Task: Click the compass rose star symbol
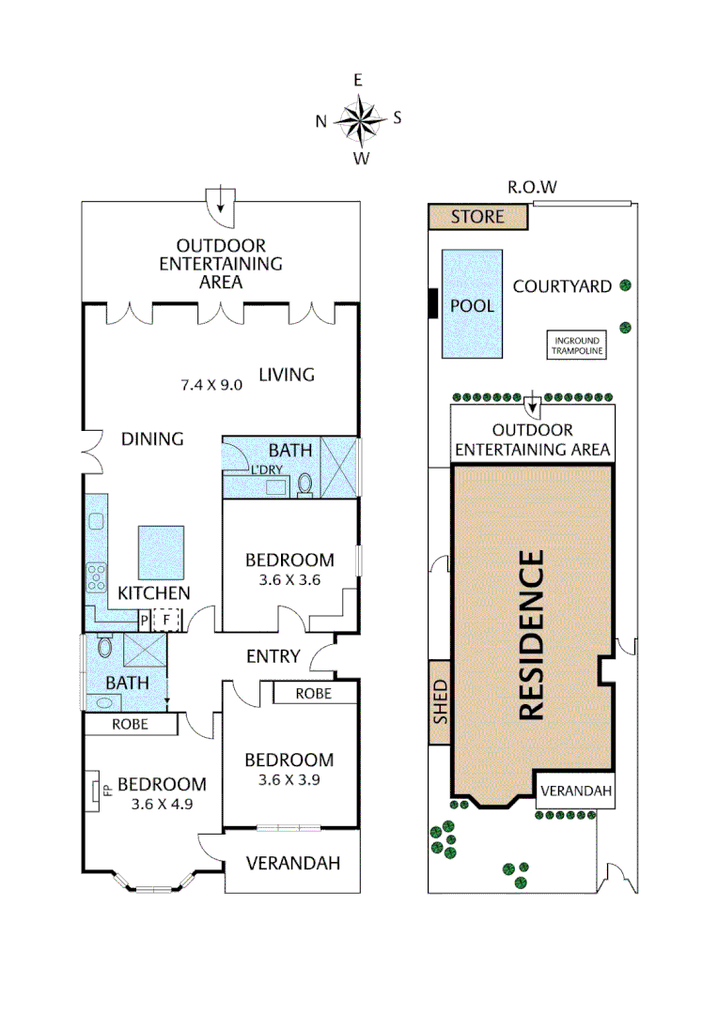359,119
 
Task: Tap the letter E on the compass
358,81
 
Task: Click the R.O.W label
532,187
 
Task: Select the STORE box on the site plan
476,217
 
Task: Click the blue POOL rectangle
472,304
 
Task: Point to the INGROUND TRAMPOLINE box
578,346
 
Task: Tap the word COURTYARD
562,286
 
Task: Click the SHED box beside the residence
440,701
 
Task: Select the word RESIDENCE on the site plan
532,636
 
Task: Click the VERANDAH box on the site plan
576,791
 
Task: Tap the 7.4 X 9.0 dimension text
211,383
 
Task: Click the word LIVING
287,375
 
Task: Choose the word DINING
152,438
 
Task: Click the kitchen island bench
160,552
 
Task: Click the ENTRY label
273,656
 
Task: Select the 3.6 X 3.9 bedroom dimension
289,779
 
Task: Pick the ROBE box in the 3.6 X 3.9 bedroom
314,693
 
